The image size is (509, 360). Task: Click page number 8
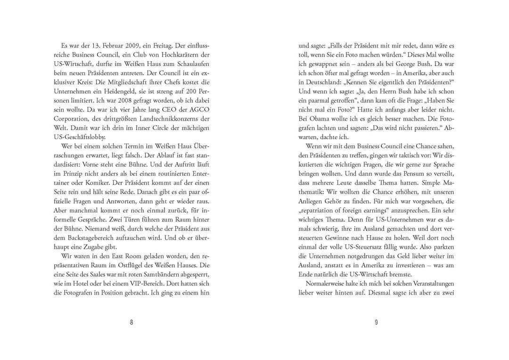point(131,322)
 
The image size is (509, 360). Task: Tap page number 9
point(377,322)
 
